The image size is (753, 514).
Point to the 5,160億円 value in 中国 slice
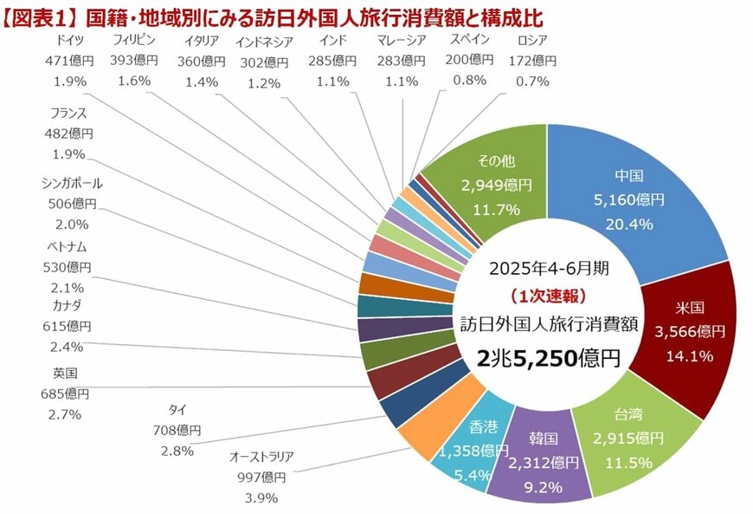point(635,199)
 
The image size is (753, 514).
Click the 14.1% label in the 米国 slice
point(689,355)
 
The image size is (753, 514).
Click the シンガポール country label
point(71,184)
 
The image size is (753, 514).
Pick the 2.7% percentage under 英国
point(64,414)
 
